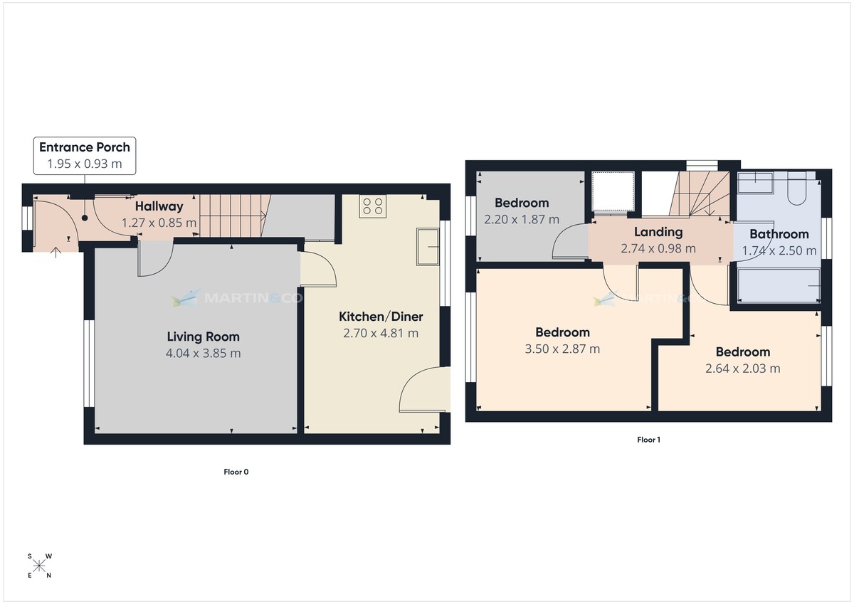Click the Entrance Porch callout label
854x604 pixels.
tap(85, 147)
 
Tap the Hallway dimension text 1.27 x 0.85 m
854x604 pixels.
tap(159, 223)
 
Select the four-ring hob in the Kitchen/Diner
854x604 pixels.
tap(373, 206)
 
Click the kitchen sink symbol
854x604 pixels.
tap(429, 246)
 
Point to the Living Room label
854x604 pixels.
tap(204, 337)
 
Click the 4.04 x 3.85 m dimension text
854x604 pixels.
tap(204, 354)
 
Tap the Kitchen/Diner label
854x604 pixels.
tap(381, 317)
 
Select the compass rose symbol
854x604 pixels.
tap(39, 566)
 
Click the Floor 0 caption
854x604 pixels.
tap(236, 472)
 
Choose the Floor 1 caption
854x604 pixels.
tap(648, 440)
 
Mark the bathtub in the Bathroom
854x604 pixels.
tap(778, 286)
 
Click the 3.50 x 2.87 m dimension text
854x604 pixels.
tap(562, 349)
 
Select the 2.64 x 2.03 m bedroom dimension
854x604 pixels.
tap(742, 369)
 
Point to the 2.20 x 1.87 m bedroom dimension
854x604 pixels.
tap(522, 220)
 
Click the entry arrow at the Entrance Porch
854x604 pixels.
tap(56, 250)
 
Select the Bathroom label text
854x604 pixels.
tap(779, 234)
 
